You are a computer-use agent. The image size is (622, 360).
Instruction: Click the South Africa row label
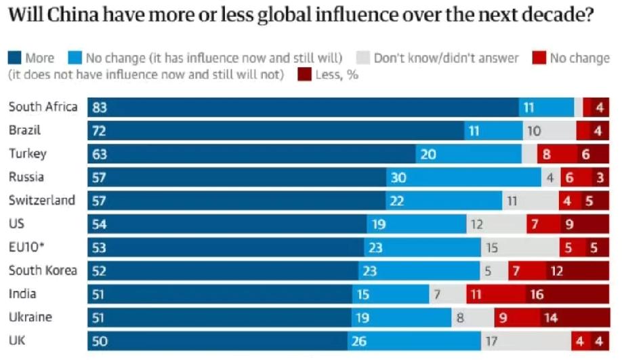(x=43, y=107)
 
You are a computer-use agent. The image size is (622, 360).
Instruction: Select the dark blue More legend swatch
(x=14, y=58)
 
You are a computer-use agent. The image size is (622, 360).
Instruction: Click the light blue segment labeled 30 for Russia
(x=463, y=178)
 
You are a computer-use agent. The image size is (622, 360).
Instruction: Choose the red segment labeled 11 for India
(x=495, y=294)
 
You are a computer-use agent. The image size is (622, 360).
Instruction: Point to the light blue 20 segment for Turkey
(x=468, y=154)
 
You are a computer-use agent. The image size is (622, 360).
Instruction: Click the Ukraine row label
(x=30, y=317)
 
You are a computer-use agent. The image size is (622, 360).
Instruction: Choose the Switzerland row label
(x=41, y=201)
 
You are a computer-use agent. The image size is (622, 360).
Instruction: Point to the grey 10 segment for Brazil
(x=550, y=130)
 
